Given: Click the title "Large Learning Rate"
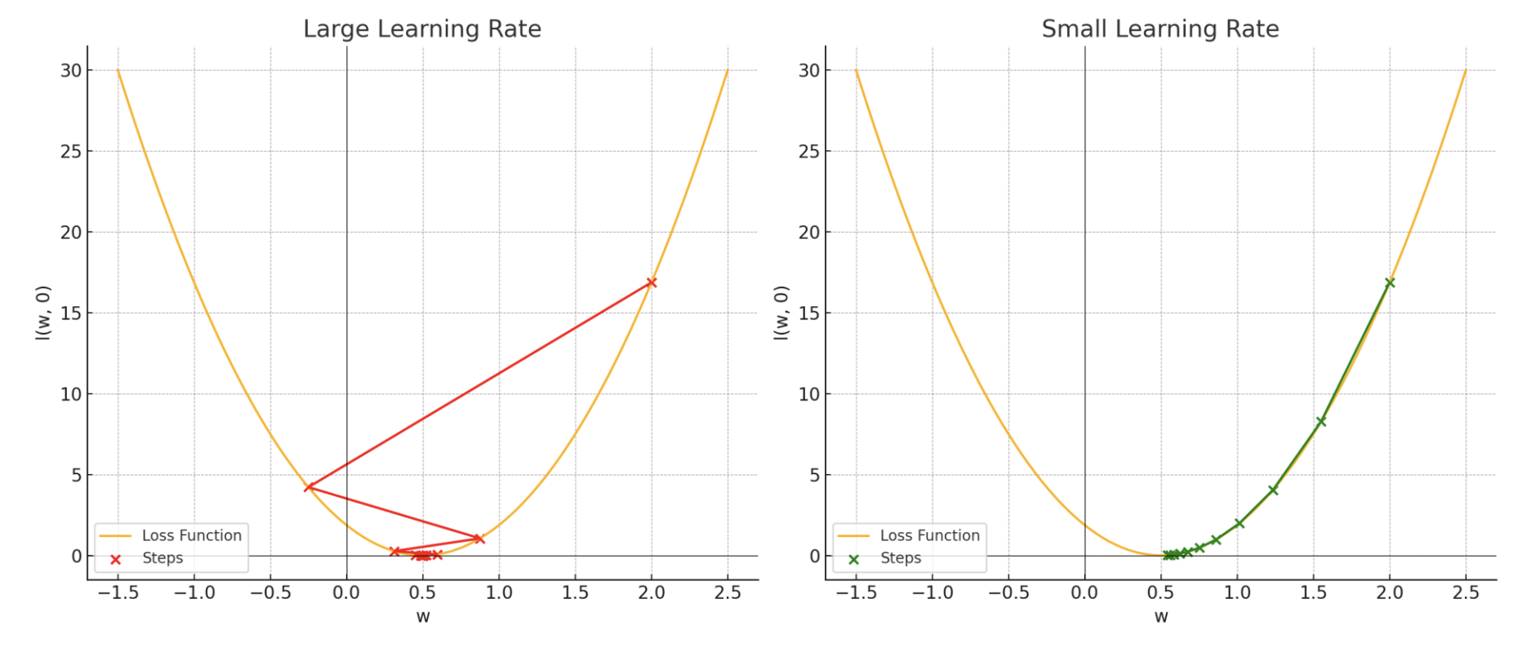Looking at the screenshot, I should [422, 29].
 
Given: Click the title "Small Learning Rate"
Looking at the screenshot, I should [1160, 29].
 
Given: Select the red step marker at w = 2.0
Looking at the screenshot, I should [652, 282].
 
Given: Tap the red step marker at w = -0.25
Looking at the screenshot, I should [309, 487].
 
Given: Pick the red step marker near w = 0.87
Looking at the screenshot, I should [479, 539].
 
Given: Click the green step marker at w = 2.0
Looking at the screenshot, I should [1390, 282].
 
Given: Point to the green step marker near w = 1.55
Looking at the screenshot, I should [1321, 421].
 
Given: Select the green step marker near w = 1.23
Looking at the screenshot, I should [1273, 490].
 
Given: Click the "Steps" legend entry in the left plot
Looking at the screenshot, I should [162, 558].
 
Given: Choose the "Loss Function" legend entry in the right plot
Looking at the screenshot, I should [929, 535].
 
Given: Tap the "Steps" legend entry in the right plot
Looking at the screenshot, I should [901, 558].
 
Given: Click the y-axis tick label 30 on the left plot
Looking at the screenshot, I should [71, 71].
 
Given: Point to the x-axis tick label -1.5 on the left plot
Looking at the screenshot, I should [118, 593].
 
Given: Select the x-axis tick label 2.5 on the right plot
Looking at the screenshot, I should [1466, 593].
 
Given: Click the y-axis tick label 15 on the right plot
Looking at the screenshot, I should [809, 313].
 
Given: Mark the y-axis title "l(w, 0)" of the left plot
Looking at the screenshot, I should [43, 313].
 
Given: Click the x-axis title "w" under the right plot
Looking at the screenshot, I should [1160, 617].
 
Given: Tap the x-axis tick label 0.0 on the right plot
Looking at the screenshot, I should [1084, 593].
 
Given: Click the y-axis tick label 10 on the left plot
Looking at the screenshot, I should [71, 394].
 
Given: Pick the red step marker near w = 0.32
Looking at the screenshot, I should [395, 552].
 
